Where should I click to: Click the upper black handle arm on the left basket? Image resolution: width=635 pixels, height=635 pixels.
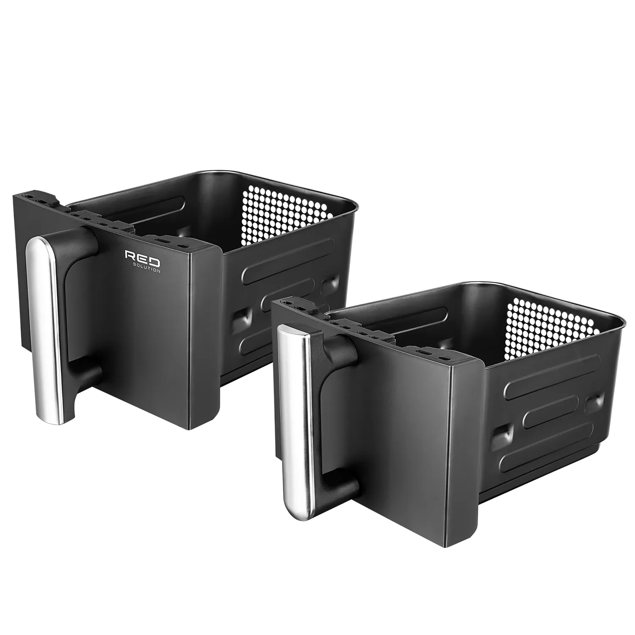tap(80, 246)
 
